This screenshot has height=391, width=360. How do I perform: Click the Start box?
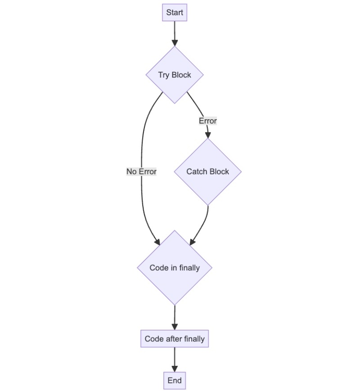pyautogui.click(x=175, y=13)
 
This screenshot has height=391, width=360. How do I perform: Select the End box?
pyautogui.click(x=175, y=381)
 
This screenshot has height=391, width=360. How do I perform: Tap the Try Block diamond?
pyautogui.click(x=175, y=75)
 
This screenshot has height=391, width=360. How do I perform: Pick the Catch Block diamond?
pyautogui.click(x=208, y=171)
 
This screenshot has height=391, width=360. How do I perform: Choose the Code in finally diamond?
pyautogui.click(x=175, y=267)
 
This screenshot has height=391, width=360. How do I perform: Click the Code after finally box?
pyautogui.click(x=175, y=339)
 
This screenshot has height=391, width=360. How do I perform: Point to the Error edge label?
pyautogui.click(x=208, y=121)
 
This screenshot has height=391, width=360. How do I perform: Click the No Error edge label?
pyautogui.click(x=141, y=171)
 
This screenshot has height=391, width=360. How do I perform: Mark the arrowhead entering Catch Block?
pyautogui.click(x=208, y=135)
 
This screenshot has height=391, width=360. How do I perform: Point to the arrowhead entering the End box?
pyautogui.click(x=175, y=369)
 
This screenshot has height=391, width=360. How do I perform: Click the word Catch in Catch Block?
pyautogui.click(x=197, y=171)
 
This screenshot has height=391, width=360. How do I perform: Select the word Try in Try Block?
pyautogui.click(x=163, y=75)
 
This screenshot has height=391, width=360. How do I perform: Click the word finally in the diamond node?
pyautogui.click(x=189, y=267)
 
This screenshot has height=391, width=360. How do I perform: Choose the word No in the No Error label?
pyautogui.click(x=131, y=171)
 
